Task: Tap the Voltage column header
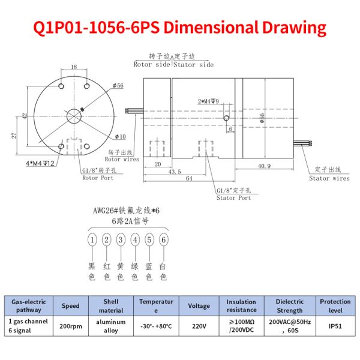(x=199, y=305)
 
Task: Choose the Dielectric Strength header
(x=290, y=305)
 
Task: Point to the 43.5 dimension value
(x=175, y=172)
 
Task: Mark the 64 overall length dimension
(x=188, y=179)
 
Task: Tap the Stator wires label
(x=329, y=178)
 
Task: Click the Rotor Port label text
(x=99, y=178)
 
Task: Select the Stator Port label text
(x=233, y=197)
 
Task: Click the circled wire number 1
(x=92, y=240)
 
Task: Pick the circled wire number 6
(x=163, y=240)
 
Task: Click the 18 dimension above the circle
(x=73, y=67)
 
